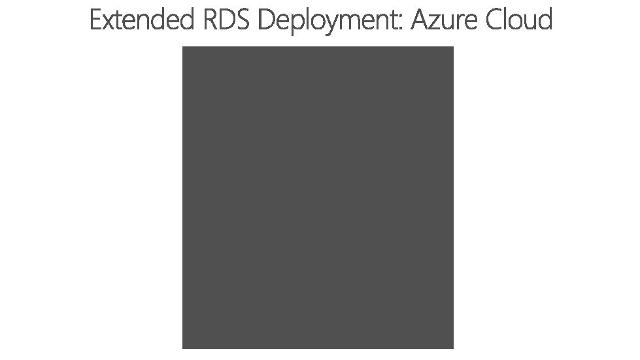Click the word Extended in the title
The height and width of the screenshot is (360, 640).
(x=141, y=21)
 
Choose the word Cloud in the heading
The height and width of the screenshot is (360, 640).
(x=520, y=21)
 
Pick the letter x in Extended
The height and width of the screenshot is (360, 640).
(x=109, y=24)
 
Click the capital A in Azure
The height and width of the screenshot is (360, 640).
(x=420, y=21)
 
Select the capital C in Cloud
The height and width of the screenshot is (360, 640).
(x=494, y=21)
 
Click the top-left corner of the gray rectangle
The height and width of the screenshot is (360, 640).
(x=183, y=47)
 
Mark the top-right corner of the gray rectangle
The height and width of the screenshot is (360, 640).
(x=453, y=47)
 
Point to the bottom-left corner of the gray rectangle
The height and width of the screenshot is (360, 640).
(x=183, y=348)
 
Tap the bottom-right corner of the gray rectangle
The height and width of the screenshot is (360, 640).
(x=453, y=348)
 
